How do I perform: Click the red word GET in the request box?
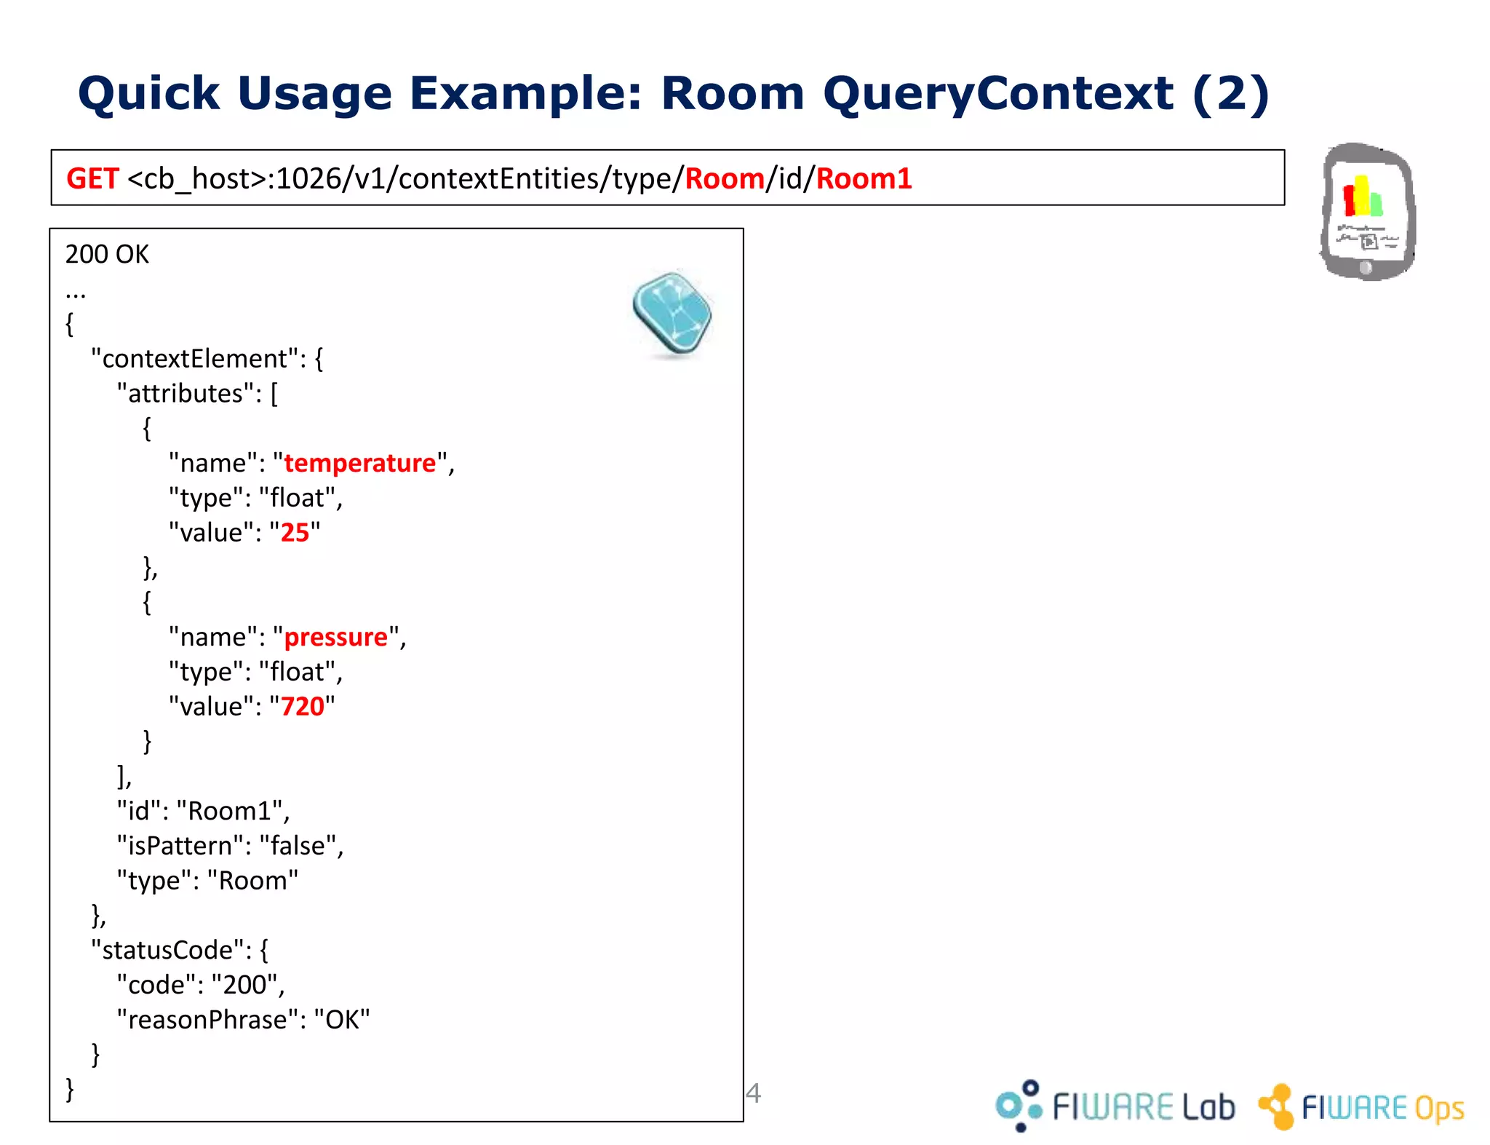(92, 178)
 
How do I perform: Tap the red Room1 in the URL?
(864, 178)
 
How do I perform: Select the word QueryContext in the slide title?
(997, 94)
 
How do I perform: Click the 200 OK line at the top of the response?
(107, 254)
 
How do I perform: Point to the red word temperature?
(359, 463)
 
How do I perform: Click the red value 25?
(295, 533)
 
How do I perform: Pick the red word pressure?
(335, 637)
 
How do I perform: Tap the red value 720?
(302, 707)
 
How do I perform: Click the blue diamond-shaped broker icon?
(672, 314)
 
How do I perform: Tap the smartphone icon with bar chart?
(1367, 211)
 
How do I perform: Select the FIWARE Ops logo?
(1361, 1107)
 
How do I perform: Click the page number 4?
(753, 1093)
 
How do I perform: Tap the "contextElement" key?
(195, 359)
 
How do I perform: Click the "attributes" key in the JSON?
(186, 394)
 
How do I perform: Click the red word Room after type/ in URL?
(725, 178)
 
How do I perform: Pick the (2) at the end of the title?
(1231, 94)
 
